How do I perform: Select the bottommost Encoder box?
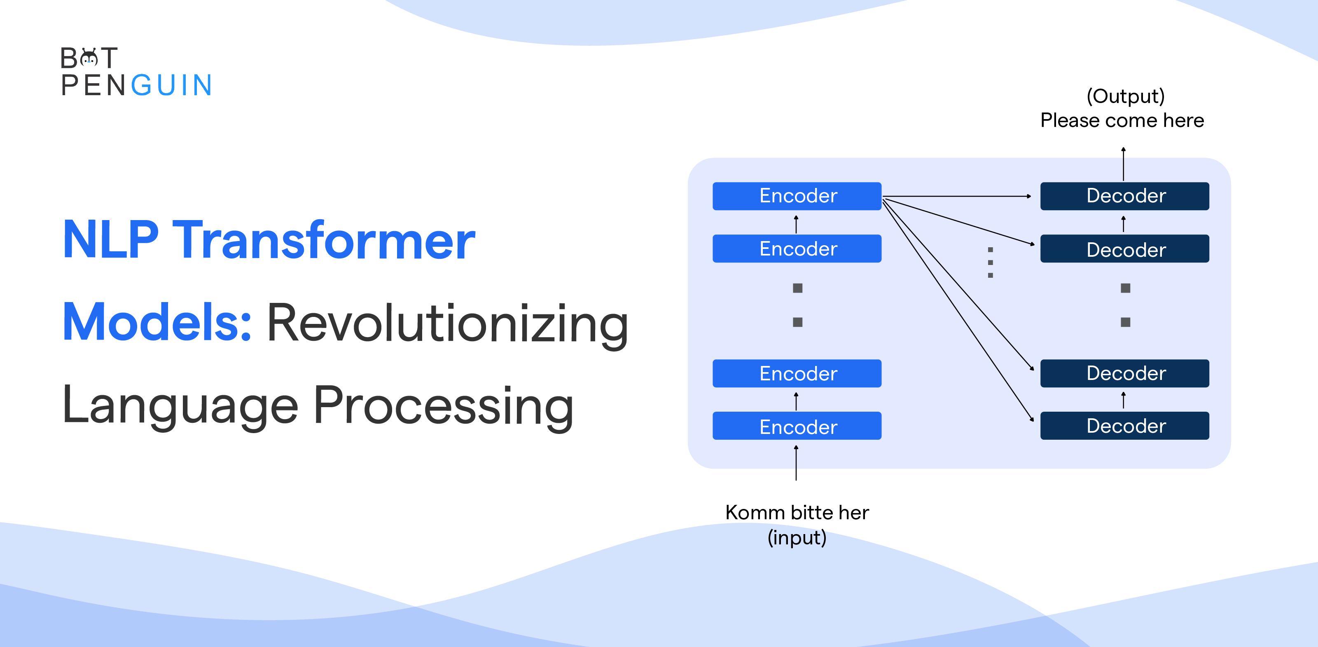coord(797,426)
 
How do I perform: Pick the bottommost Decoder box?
coord(1124,426)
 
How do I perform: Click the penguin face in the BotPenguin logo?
coord(89,58)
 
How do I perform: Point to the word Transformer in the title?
coord(323,240)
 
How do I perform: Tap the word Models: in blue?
coord(157,323)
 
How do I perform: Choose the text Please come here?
coord(1122,121)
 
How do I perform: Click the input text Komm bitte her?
coord(797,512)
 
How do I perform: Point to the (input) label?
coord(797,537)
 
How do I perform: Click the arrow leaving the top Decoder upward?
coord(1123,164)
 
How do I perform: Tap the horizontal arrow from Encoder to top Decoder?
coord(957,196)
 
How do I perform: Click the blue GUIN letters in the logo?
coord(171,85)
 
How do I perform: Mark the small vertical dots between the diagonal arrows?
coord(991,263)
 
